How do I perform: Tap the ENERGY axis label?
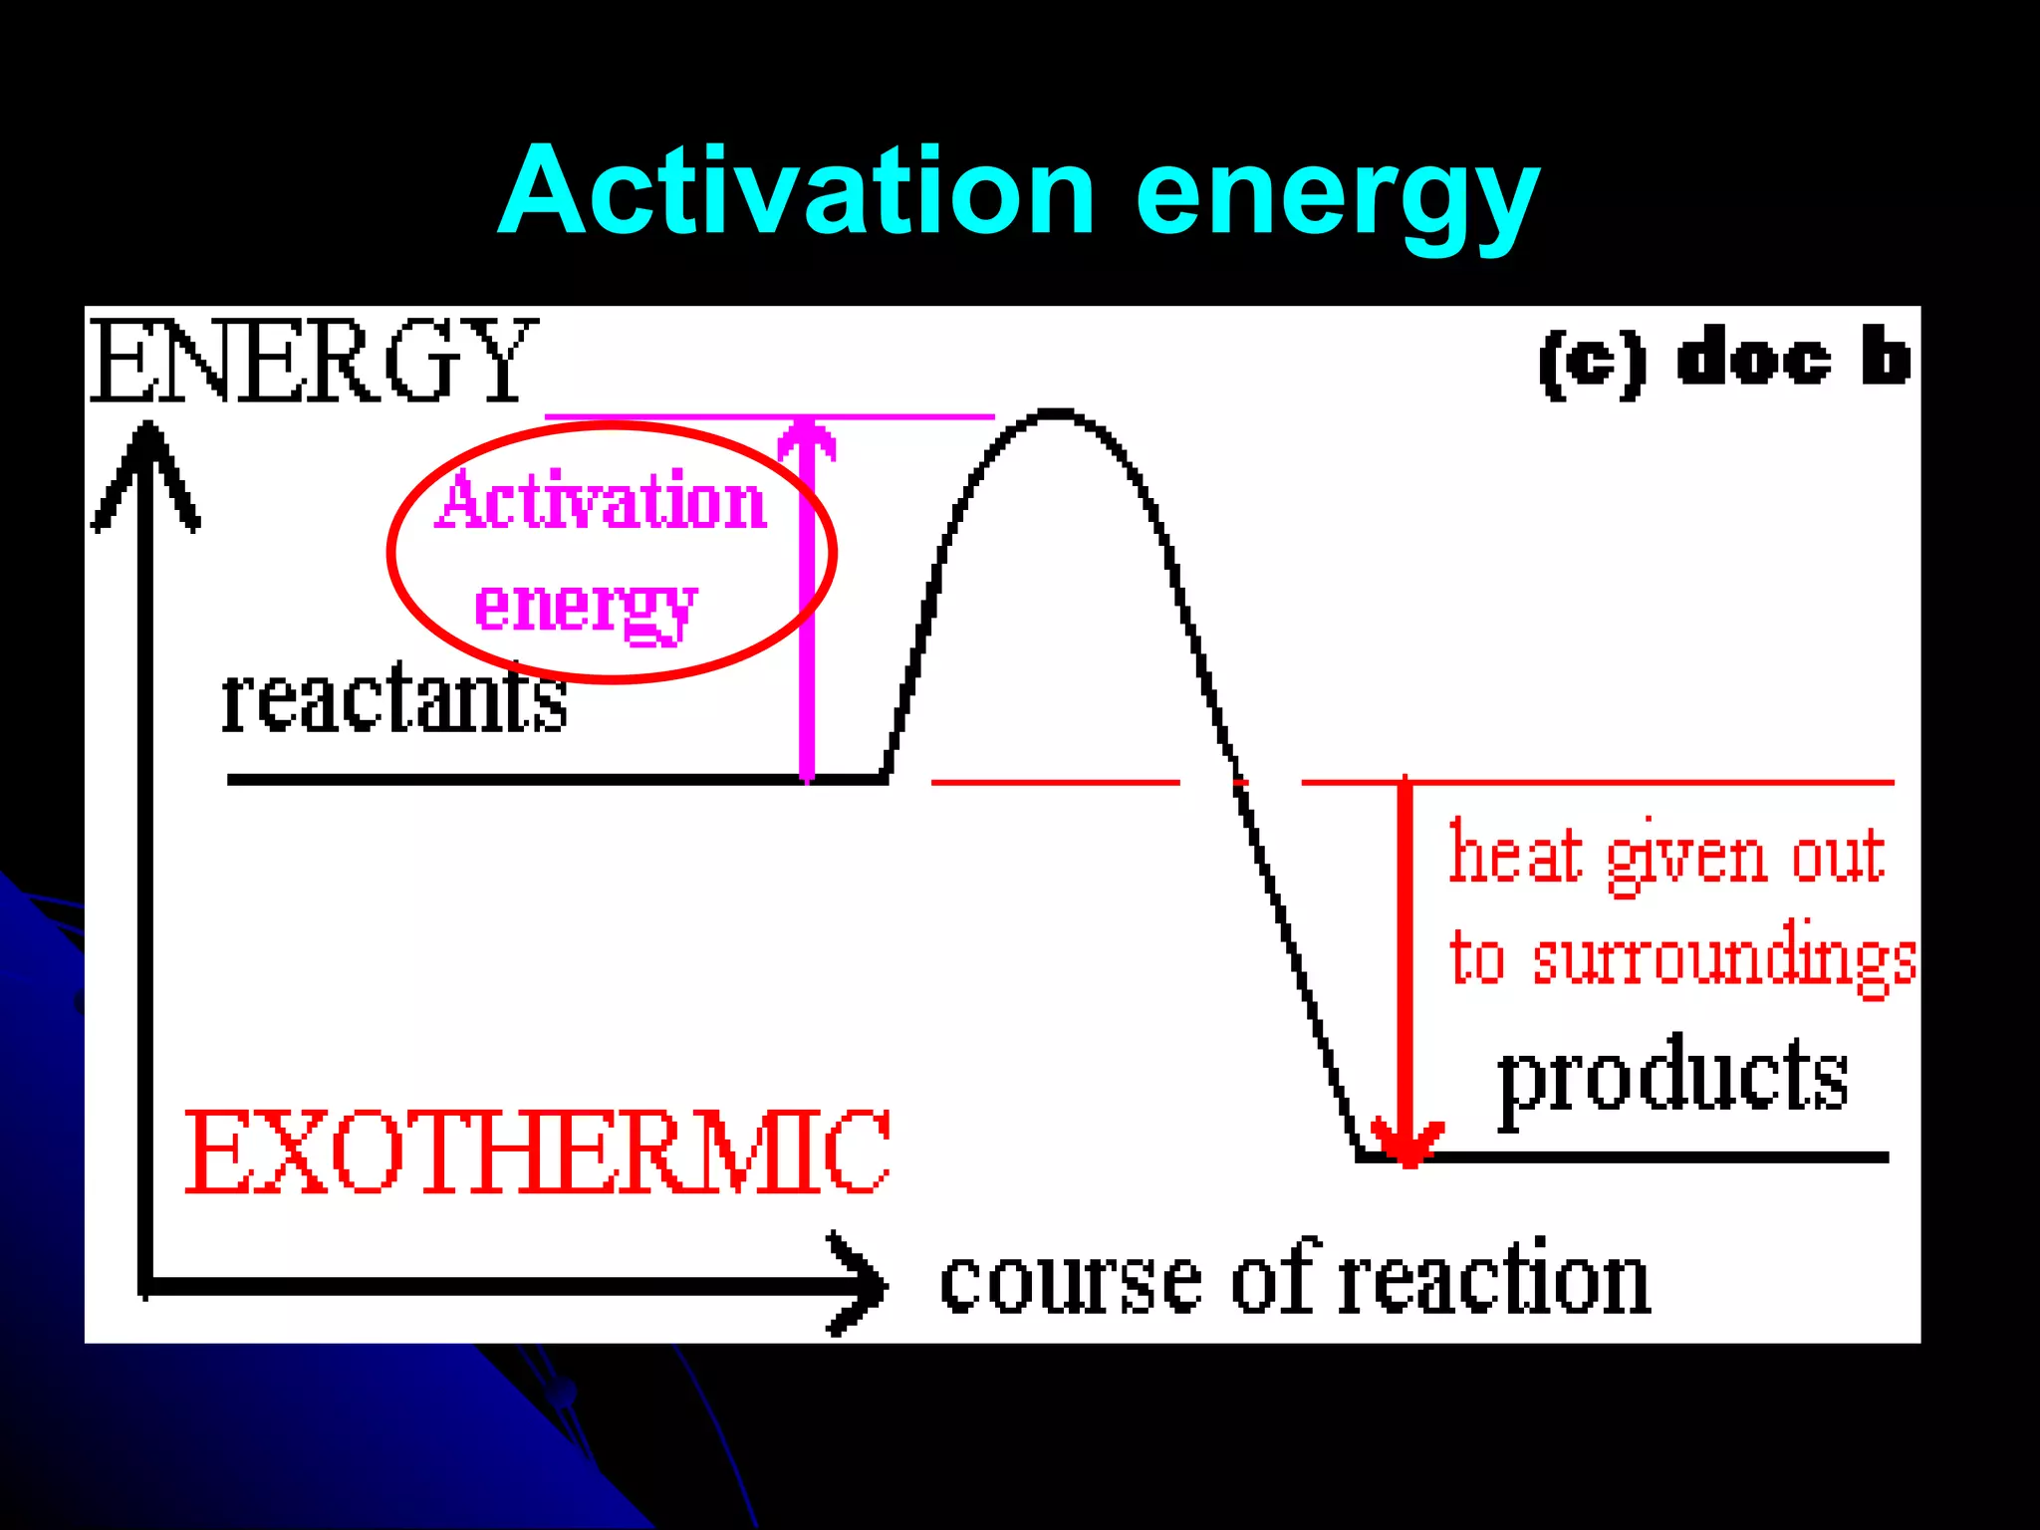click(x=313, y=361)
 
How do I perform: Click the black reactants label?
click(x=393, y=699)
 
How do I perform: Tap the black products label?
click(x=1672, y=1078)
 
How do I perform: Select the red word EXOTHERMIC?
click(x=537, y=1152)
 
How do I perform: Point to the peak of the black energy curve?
click(x=1056, y=411)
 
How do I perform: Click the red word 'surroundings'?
click(x=1724, y=958)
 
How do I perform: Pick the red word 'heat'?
click(x=1515, y=855)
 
